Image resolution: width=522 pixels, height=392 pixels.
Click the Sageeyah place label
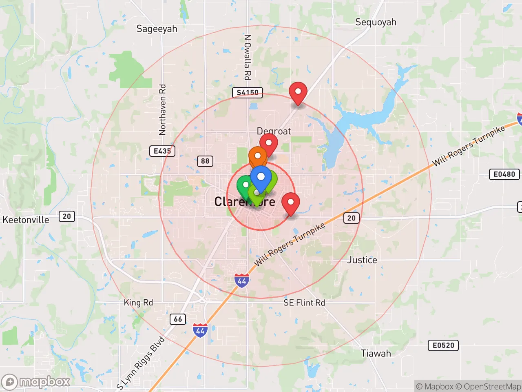click(157, 29)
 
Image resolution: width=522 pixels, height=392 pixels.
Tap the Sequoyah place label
click(376, 22)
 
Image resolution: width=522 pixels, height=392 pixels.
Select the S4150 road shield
click(247, 92)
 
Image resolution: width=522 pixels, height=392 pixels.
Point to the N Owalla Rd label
click(247, 57)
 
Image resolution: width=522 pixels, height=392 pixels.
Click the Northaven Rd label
click(162, 109)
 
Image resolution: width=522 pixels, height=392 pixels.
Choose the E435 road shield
click(162, 151)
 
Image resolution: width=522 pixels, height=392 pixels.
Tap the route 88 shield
click(205, 161)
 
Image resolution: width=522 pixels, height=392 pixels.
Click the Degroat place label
click(274, 131)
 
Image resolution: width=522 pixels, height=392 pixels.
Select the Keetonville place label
click(26, 220)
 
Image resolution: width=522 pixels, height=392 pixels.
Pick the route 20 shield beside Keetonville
click(67, 216)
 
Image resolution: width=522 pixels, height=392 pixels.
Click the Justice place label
click(362, 260)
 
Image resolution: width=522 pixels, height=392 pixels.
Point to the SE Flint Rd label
click(304, 303)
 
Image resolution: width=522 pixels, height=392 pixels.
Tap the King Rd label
click(138, 303)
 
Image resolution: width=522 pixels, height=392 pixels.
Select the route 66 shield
click(178, 319)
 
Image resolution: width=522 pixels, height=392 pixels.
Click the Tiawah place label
click(376, 353)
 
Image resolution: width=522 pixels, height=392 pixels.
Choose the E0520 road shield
click(443, 345)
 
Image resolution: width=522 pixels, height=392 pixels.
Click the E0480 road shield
click(504, 174)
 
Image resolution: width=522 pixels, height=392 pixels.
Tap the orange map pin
click(258, 156)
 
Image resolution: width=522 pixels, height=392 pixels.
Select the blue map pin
click(261, 177)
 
